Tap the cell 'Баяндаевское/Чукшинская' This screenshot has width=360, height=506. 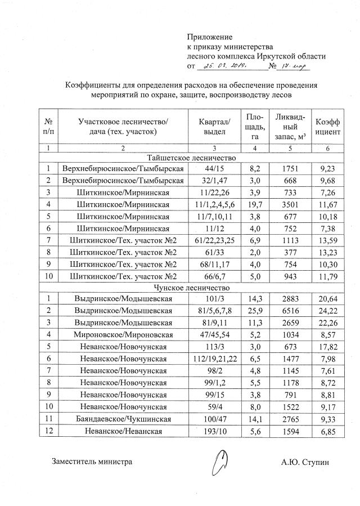pos(123,419)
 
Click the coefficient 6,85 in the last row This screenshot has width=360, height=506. pos(327,432)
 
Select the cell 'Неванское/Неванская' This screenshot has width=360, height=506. pos(123,432)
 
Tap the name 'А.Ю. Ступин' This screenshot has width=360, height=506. pos(305,462)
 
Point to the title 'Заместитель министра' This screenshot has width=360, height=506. pos(92,462)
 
